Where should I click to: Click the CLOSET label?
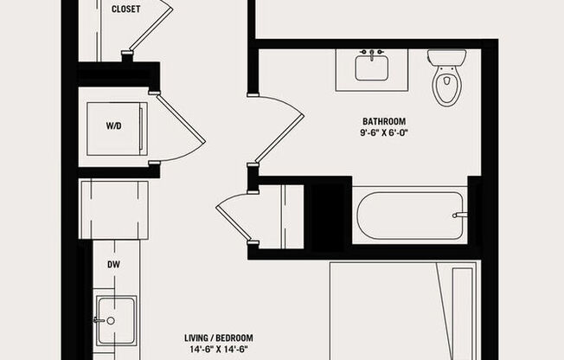pyautogui.click(x=126, y=10)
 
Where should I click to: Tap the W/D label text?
pyautogui.click(x=113, y=126)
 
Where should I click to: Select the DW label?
pyautogui.click(x=113, y=265)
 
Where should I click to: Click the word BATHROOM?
pyautogui.click(x=384, y=121)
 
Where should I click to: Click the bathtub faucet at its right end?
pyautogui.click(x=461, y=215)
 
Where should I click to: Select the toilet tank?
pyautogui.click(x=446, y=57)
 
